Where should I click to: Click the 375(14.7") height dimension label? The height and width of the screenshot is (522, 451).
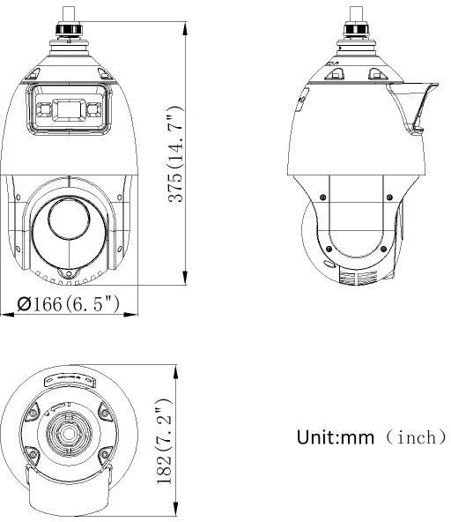176,153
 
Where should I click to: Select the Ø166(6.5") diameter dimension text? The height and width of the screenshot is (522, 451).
69,304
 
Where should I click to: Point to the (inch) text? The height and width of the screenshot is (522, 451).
412,437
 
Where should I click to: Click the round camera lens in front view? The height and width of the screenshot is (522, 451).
69,218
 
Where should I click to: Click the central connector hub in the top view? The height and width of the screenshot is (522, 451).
67,435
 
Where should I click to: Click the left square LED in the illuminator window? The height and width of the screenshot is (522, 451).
42,110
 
